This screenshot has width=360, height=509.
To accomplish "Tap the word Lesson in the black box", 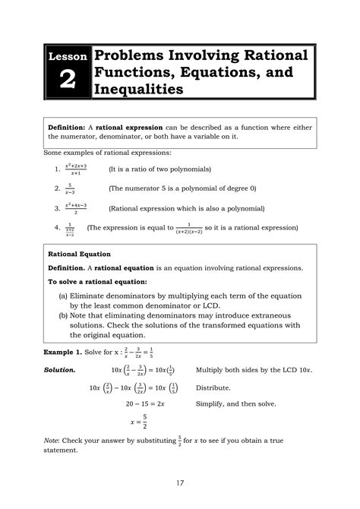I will (x=67, y=57).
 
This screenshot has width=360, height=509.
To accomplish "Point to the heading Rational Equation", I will (x=80, y=254).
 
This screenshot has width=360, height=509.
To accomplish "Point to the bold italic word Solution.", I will (x=60, y=370).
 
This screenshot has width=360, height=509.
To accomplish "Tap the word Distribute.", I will (x=216, y=387).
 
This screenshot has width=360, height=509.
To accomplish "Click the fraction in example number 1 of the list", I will (x=76, y=169).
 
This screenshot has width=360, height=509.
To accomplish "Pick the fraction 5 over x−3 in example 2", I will (x=70, y=188).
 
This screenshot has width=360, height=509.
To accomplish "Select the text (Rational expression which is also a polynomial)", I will (x=186, y=207).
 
